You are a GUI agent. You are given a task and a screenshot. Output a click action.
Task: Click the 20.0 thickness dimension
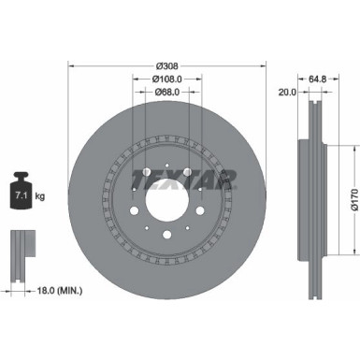click(x=286, y=92)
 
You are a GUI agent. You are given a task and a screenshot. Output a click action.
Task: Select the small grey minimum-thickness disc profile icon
click(x=22, y=249)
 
